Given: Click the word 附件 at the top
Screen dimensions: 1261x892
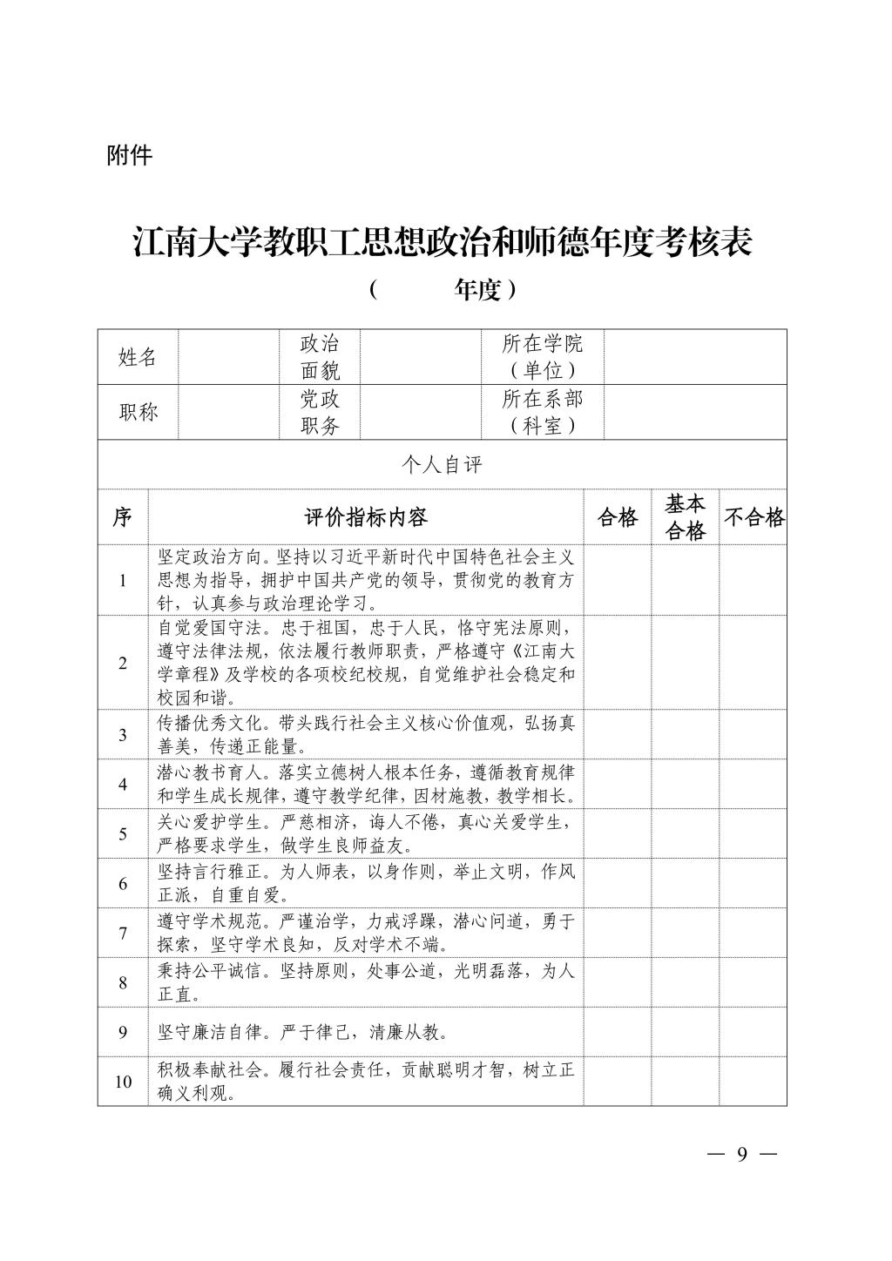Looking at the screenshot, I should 129,156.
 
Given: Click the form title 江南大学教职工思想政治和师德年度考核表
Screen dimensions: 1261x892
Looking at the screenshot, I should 443,243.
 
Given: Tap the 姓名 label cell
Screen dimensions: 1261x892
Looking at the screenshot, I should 138,357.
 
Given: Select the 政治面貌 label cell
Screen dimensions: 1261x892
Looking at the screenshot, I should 320,357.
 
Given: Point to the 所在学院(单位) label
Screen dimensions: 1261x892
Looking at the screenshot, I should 542,357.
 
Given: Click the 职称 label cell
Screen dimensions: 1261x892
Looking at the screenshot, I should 138,412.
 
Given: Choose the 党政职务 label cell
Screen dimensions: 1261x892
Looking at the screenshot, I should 320,412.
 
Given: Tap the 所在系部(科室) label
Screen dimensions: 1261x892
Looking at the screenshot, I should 542,412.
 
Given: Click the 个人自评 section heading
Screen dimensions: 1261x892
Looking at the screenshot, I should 442,465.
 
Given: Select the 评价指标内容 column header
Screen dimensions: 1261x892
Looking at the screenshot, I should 366,517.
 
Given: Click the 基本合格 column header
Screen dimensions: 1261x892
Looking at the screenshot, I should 685,517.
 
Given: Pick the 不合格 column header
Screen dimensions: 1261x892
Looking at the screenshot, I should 753,517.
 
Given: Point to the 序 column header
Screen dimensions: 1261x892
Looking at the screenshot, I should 122,517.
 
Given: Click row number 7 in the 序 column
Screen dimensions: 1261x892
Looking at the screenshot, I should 123,933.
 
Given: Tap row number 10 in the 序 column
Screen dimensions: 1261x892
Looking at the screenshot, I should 123,1082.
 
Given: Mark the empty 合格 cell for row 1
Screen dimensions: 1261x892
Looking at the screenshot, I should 617,580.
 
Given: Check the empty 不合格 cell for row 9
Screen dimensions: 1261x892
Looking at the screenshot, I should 753,1032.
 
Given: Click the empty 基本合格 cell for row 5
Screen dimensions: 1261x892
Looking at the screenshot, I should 685,833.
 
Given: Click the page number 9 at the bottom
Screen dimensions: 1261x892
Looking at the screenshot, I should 742,1155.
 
